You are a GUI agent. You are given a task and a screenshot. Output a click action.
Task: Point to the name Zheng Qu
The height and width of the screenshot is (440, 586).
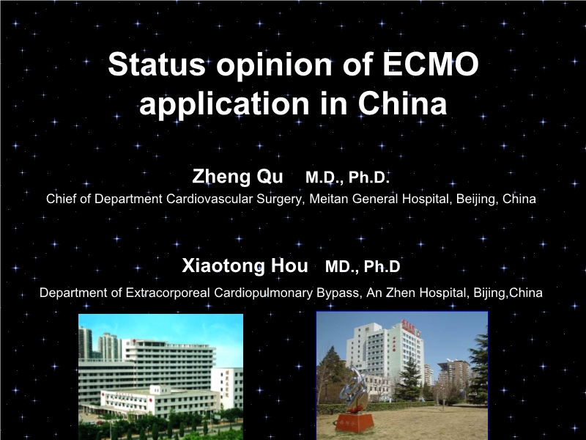(x=237, y=177)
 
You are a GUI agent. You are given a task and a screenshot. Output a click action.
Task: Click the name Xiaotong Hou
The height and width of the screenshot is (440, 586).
(x=245, y=265)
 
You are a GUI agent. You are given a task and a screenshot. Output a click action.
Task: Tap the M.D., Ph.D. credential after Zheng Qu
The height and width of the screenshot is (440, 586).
(x=347, y=177)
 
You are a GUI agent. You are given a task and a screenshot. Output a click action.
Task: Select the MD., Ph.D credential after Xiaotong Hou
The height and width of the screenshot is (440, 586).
(x=363, y=266)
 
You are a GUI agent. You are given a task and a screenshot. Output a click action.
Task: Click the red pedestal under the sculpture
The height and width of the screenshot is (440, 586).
(x=355, y=421)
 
